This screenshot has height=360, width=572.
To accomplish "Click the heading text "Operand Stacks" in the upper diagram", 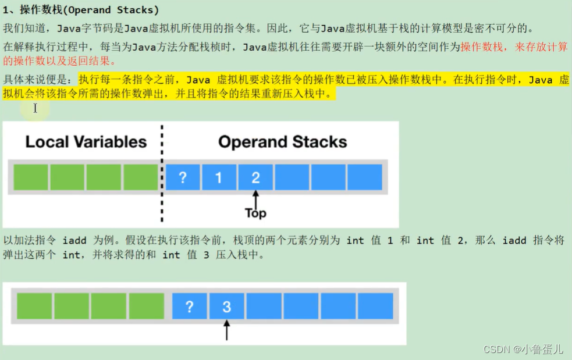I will click(282, 142).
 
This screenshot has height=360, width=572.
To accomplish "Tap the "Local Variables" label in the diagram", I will click(86, 142).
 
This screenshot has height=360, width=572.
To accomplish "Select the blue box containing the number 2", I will click(255, 177).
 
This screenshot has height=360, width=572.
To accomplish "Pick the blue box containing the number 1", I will click(218, 177).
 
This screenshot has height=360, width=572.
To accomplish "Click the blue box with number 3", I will click(226, 306).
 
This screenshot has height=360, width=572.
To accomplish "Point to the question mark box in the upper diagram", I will click(182, 177).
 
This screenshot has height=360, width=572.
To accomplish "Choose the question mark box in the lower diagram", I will click(189, 306).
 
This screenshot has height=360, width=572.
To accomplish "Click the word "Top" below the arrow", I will click(255, 213).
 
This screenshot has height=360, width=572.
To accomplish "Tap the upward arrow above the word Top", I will click(255, 198).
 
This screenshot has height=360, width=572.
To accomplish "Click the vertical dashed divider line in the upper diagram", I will click(162, 174).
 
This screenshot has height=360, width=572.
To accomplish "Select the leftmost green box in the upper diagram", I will click(31, 177).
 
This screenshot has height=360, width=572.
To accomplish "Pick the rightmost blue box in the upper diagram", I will click(364, 177).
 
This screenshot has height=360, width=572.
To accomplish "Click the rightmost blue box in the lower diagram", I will click(375, 306).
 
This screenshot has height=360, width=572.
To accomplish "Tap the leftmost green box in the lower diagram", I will click(34, 306).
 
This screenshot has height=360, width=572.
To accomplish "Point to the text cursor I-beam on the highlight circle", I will click(35, 108).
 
